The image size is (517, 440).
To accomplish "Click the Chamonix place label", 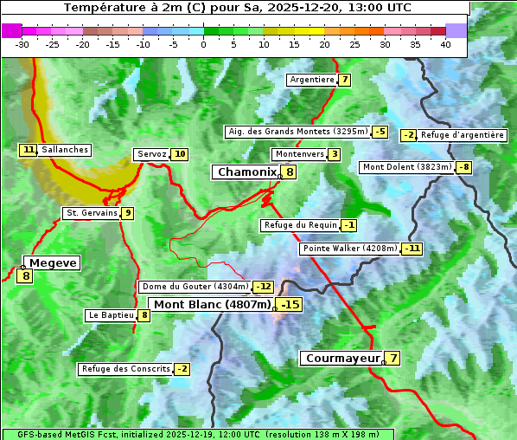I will point(246,172).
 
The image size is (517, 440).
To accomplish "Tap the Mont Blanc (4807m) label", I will point(212,305).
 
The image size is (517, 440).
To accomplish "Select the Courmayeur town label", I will point(342,358).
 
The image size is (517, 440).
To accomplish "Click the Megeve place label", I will point(53,262).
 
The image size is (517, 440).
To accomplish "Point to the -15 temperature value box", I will point(290,305).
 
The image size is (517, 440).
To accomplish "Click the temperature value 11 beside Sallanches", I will point(29,150).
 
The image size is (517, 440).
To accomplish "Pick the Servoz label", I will point(151,154).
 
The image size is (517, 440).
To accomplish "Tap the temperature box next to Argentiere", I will point(345,80).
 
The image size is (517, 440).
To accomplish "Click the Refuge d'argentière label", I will point(463,135).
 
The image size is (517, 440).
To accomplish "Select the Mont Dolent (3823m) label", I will point(407,167).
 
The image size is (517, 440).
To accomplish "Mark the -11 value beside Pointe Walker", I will point(412,249).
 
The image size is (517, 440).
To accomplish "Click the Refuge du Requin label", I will point(300,225).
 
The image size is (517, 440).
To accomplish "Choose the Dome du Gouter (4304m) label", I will point(195,287).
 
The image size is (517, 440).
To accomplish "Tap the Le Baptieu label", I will point(111,315).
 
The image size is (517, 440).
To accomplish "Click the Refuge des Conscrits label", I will point(125,369).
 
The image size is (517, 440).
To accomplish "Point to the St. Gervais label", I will point(92,213).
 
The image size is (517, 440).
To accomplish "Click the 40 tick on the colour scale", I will point(445,44).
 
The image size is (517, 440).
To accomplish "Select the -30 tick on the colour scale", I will point(22,44).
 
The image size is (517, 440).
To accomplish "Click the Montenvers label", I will point(299,154).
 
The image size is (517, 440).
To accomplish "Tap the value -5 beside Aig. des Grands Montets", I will point(380,132).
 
